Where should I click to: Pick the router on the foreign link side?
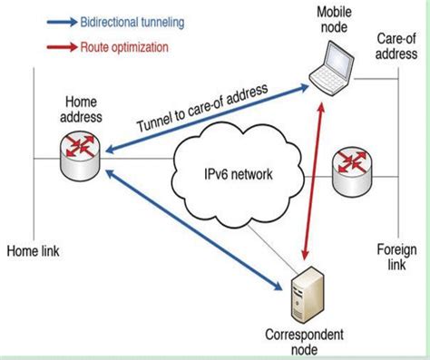[x=350, y=170]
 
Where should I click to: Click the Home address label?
[x=82, y=109]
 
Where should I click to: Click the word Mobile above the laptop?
[x=335, y=12]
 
